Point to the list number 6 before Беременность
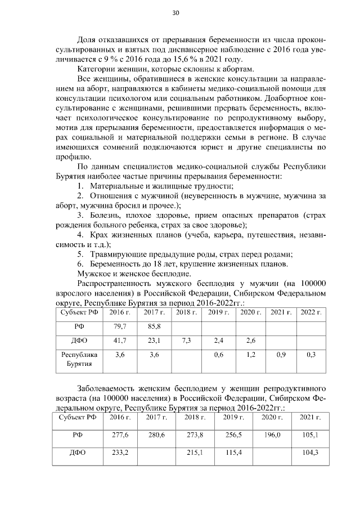point(80,264)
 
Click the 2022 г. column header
point(310,312)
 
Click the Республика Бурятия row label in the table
point(79,359)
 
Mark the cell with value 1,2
point(248,355)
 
